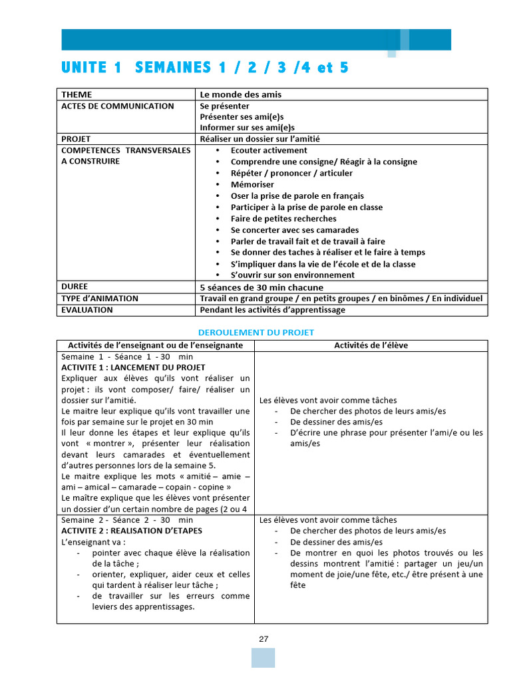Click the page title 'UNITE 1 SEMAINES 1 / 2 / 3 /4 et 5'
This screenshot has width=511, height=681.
point(205,68)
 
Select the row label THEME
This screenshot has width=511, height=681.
point(77,94)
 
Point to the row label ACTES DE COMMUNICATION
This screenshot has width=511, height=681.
point(117,106)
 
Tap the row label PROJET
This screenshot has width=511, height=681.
point(76,139)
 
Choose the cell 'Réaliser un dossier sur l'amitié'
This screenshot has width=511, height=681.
point(264,139)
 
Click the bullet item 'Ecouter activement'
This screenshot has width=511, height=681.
point(269,150)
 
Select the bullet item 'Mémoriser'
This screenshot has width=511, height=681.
point(252,184)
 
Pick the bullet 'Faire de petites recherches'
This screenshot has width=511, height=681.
point(283,219)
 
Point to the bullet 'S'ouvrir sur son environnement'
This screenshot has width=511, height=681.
point(292,275)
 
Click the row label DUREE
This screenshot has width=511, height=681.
point(75,287)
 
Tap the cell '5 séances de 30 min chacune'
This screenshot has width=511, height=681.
point(261,287)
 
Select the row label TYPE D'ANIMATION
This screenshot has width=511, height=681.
point(100,299)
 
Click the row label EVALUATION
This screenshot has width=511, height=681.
point(87,310)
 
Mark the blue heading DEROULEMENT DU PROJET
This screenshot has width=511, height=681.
point(256,332)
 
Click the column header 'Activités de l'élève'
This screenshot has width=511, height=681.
point(371,345)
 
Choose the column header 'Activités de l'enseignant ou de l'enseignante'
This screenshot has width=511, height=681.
point(156,345)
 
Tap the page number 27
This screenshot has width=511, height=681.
point(263,639)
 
